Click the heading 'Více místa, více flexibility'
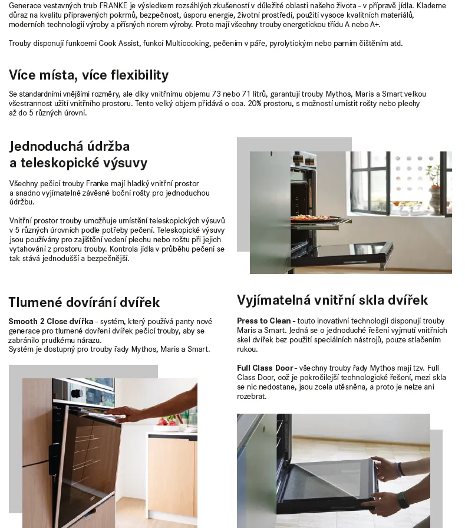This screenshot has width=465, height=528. click(88, 75)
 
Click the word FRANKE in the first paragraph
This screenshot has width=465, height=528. click(113, 5)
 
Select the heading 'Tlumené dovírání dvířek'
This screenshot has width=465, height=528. click(84, 302)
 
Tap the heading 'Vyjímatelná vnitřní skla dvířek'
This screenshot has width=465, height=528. click(332, 300)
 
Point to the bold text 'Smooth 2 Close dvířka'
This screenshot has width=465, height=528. click(51, 322)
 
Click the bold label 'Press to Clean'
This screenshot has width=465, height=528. click(263, 321)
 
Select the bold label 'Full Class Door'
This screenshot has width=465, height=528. click(265, 368)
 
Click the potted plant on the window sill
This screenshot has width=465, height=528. click(434, 183)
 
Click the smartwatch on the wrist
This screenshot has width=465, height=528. click(403, 500)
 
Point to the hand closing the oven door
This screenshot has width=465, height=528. click(127, 414)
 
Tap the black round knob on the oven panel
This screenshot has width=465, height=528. click(76, 393)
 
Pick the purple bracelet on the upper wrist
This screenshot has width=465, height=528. click(400, 469)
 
